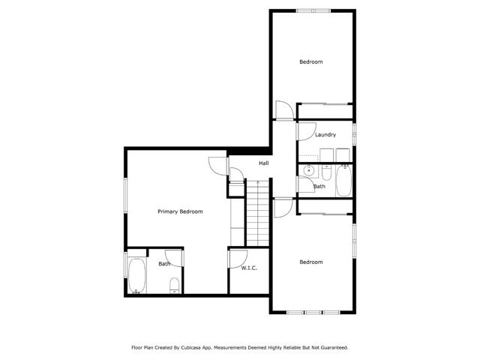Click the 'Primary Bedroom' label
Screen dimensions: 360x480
pos(180,211)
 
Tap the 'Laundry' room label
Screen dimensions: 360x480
pos(325,135)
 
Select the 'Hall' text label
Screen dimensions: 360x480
pos(264,163)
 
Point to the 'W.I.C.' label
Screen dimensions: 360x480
pos(249,268)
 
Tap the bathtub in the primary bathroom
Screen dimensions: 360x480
pos(136,275)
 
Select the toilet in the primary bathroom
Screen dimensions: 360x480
pos(174,284)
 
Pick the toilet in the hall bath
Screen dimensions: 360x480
pos(307,187)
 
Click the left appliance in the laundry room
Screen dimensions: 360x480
pos(326,154)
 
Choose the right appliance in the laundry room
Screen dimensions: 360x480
pos(342,154)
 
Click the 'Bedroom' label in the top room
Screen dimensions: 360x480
pos(310,61)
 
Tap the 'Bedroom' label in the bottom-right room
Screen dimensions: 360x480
pos(310,262)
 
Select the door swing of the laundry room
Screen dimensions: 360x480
pos(306,130)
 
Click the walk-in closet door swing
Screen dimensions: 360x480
pos(237,257)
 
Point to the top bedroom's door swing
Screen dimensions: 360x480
pos(283,110)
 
